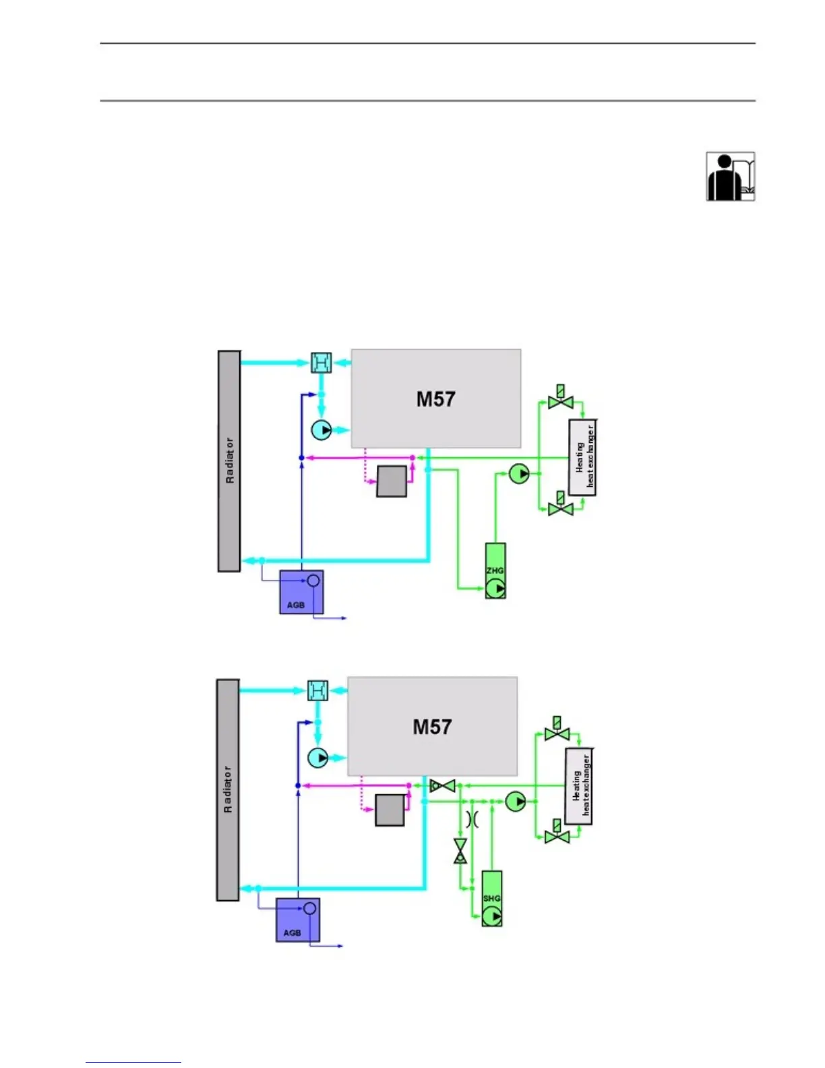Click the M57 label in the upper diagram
point(435,399)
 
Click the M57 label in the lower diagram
point(432,727)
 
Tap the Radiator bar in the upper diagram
point(229,461)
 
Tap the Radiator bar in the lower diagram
point(228,790)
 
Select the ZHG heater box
point(495,570)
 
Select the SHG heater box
point(492,898)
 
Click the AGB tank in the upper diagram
point(301,592)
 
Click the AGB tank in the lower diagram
point(297,920)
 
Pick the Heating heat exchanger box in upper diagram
point(582,457)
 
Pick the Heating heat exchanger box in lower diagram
point(578,785)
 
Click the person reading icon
point(730,177)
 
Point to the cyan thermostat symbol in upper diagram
point(322,363)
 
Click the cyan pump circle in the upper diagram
point(322,429)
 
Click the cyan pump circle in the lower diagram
point(318,758)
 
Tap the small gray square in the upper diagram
point(392,481)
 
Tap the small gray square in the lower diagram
point(390,810)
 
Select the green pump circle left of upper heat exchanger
point(519,474)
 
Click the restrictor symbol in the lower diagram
point(472,819)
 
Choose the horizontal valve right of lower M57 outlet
point(443,785)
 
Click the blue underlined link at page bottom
point(133,1061)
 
